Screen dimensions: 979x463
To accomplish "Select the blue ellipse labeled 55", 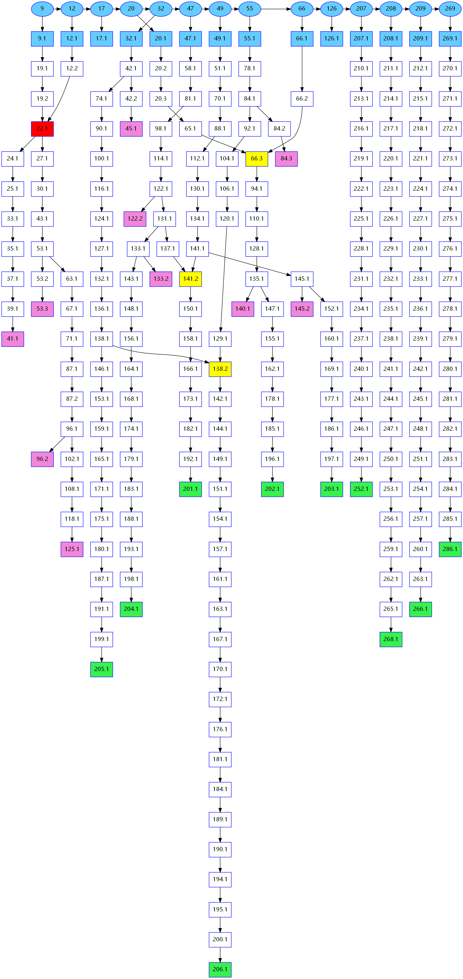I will pos(250,9).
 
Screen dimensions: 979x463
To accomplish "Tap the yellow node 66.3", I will pos(257,159).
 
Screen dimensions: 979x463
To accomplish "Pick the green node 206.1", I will pos(220,969).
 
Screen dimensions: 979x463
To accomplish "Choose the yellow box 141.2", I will pos(190,279).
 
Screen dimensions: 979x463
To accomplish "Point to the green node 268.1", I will pos(391,639).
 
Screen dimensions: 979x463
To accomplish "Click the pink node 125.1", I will pos(72,549).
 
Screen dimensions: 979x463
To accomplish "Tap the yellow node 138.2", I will pos(220,369).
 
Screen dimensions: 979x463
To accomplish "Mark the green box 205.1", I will pos(102,669).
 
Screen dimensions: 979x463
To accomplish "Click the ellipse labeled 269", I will pos(450,9).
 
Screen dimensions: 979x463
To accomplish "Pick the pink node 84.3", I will pos(286,159).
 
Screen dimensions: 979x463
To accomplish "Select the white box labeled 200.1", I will pos(220,940).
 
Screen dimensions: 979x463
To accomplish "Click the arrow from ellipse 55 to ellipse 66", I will pos(276,9).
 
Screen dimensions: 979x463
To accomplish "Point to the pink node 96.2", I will pos(42,459).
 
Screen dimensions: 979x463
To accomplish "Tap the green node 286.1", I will pos(450,549).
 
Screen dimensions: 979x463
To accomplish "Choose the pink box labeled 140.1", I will pos(243,309).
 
